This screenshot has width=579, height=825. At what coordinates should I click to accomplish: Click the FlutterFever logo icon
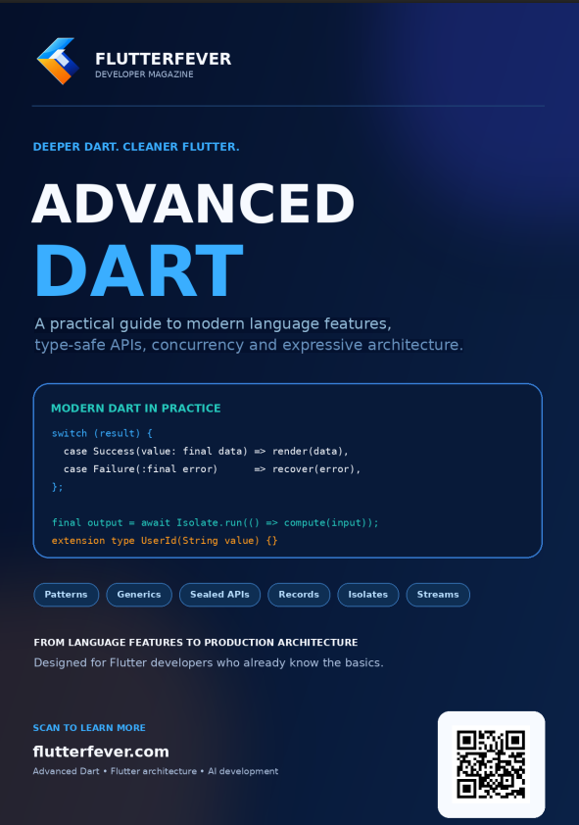tap(58, 61)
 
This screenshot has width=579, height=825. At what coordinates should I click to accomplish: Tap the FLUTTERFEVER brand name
tap(163, 59)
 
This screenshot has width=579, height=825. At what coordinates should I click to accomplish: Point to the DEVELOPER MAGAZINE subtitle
tap(144, 74)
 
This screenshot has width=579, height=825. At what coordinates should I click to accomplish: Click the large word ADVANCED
tap(194, 203)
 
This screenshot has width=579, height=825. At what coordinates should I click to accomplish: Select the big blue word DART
tap(139, 269)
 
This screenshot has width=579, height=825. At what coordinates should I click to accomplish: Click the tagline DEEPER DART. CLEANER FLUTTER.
tap(136, 147)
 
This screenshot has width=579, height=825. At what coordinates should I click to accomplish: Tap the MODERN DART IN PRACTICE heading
tap(135, 409)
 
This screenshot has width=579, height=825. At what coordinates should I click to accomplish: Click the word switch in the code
tap(70, 433)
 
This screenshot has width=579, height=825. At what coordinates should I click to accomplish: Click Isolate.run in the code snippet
tap(206, 522)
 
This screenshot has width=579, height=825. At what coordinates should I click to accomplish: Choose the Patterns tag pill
tap(67, 595)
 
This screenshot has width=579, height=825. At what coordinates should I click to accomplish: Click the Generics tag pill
tap(139, 595)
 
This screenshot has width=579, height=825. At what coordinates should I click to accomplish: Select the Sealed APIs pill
tap(219, 595)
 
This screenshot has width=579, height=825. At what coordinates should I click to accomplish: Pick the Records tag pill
tap(299, 595)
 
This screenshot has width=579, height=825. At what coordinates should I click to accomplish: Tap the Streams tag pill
tap(438, 595)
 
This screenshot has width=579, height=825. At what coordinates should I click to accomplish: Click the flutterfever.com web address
tap(101, 752)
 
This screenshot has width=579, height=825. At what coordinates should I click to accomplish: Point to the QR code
tap(491, 764)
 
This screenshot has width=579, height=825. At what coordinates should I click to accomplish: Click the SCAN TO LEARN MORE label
tap(89, 728)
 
